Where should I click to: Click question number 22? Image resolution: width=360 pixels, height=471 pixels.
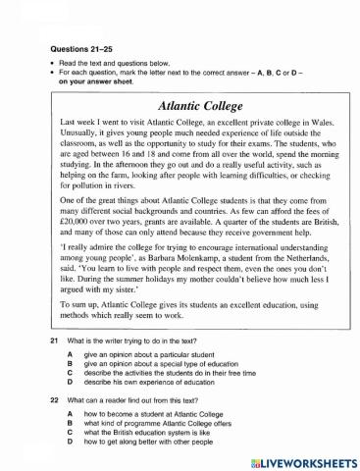tap(55, 401)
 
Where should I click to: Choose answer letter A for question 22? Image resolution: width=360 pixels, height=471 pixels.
tap(70, 415)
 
